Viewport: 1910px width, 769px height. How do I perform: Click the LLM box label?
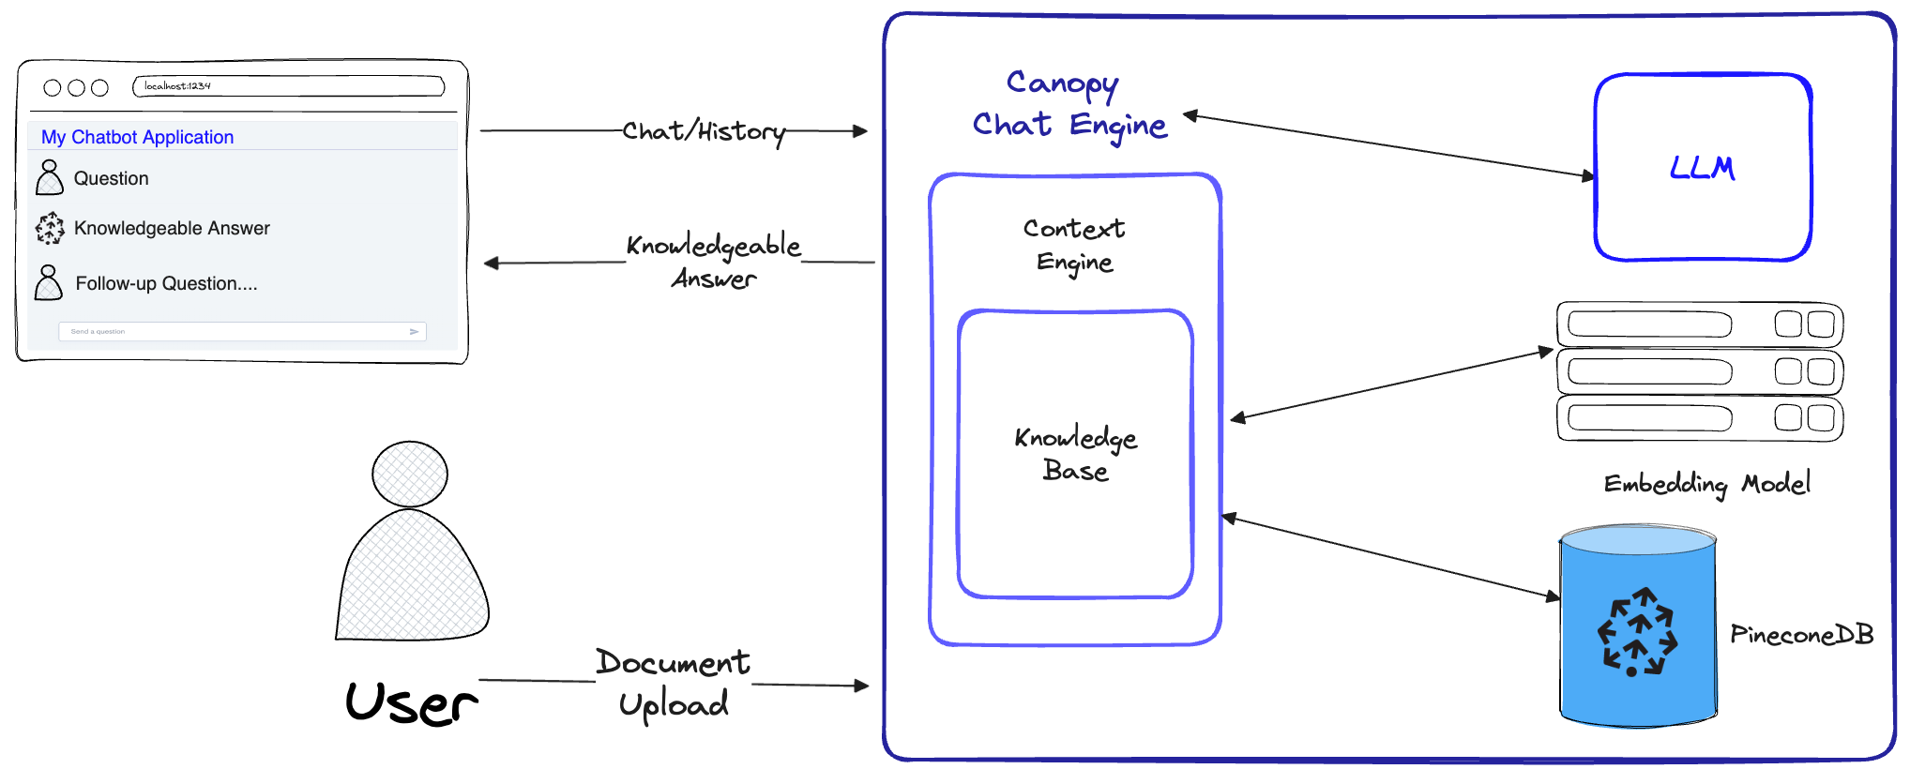1702,169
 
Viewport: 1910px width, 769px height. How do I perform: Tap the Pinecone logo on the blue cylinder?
1637,632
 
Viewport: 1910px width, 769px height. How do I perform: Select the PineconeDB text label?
1801,635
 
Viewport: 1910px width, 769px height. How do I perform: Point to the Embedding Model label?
1706,484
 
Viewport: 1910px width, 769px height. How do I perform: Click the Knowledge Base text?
1075,454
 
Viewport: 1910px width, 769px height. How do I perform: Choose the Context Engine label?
1074,245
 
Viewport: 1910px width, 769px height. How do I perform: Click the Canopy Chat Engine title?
1069,104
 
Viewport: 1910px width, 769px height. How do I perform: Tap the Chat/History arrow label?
704,131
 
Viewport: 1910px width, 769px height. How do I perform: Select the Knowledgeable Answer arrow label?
714,261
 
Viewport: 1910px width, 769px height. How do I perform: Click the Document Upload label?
674,683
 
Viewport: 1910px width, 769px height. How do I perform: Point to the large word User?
411,703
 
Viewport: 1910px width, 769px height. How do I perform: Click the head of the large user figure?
410,474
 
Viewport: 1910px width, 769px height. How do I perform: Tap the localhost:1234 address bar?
289,86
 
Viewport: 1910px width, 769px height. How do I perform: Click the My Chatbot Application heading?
138,137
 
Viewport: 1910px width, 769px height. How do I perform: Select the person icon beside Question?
49,177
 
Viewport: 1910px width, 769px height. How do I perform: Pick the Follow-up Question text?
166,283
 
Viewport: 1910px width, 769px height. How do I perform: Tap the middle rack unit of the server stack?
1699,371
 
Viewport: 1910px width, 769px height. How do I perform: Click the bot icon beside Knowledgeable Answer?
50,228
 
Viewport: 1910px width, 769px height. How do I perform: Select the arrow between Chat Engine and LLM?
1388,144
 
